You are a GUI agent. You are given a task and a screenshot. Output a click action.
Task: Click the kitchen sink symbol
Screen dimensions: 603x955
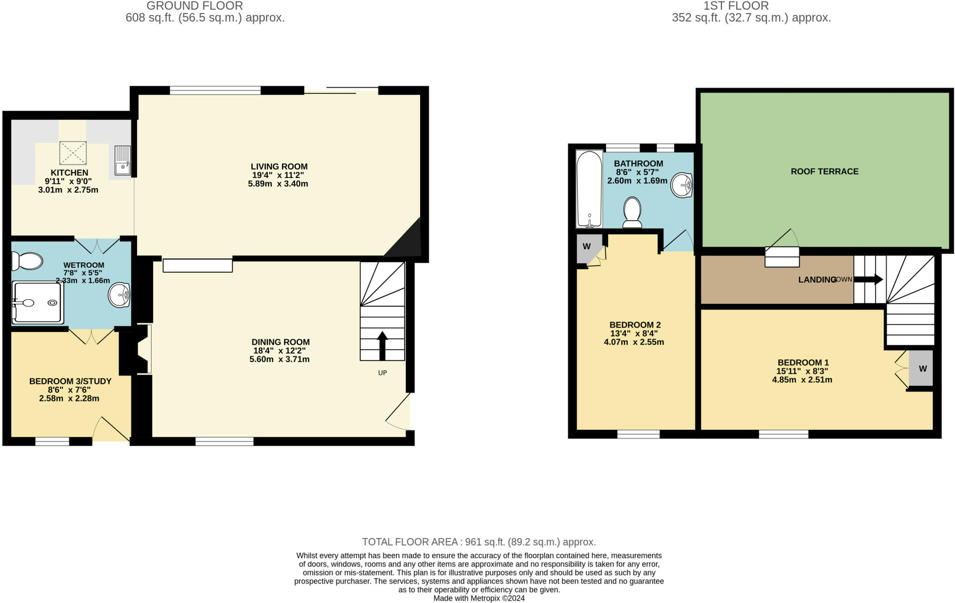pos(123,160)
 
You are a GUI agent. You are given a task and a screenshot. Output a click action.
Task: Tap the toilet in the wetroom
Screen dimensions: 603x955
pos(27,261)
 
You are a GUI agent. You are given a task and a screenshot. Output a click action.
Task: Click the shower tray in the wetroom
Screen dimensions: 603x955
pos(37,302)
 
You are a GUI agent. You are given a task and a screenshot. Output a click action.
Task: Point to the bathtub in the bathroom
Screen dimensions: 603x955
pos(589,189)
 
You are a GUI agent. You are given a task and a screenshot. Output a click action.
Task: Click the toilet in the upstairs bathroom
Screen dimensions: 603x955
pos(632,212)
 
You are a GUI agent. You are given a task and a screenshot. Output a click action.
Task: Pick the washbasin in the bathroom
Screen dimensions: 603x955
pos(682,185)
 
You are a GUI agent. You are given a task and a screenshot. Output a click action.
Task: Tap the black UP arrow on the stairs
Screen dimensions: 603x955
pos(382,345)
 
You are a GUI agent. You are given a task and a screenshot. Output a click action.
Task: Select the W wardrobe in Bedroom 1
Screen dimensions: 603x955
pos(922,368)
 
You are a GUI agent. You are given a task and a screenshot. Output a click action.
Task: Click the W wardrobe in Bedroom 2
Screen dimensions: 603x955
pos(586,246)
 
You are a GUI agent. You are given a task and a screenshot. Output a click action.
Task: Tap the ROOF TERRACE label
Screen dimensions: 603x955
pos(824,171)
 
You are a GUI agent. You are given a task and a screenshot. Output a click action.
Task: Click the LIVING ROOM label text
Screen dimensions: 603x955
pos(279,167)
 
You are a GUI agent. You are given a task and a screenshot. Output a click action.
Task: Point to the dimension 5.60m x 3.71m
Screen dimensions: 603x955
pos(279,359)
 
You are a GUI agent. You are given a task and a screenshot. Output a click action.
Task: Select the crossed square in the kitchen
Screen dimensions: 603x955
pos(73,153)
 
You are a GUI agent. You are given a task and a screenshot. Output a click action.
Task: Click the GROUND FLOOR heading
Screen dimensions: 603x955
pos(194,6)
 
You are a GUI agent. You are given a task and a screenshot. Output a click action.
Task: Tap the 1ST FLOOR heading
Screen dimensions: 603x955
pos(736,6)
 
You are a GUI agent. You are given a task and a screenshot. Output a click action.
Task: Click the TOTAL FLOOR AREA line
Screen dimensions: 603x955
pos(479,542)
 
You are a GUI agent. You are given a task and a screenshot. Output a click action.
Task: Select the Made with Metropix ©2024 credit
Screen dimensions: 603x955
pos(479,598)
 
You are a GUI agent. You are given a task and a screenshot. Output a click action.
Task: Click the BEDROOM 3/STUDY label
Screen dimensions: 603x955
pos(70,381)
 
